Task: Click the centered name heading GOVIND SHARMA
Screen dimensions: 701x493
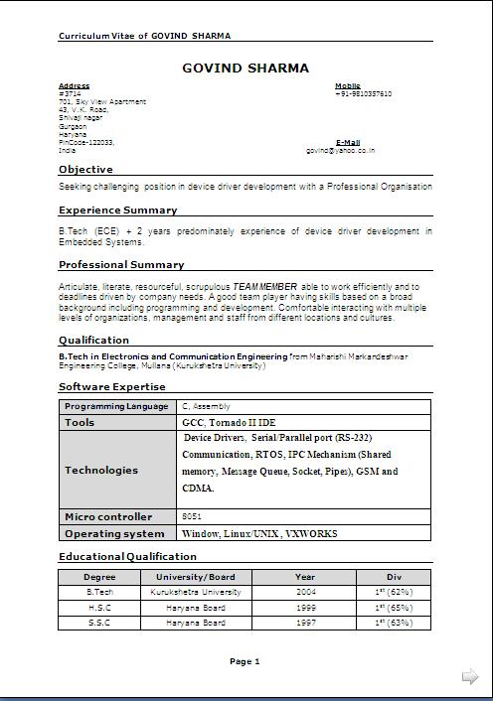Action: [246, 69]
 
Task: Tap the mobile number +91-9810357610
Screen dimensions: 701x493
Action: [364, 93]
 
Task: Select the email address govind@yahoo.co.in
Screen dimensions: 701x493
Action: [340, 151]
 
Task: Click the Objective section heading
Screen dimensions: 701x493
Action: [85, 170]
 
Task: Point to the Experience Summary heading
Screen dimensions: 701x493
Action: [117, 210]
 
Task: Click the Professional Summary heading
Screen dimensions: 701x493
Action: [121, 265]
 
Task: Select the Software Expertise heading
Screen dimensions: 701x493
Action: [112, 387]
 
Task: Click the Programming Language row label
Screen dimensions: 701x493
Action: [116, 406]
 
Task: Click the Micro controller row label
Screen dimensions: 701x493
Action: [108, 516]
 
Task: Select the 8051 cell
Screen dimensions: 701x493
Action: [193, 516]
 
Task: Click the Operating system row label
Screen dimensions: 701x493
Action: [114, 533]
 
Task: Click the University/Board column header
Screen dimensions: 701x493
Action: [195, 576]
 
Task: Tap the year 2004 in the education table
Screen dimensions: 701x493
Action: [305, 592]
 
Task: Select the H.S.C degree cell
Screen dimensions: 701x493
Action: [99, 608]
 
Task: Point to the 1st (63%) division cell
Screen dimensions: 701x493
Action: [394, 623]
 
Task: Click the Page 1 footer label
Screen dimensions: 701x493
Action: [245, 661]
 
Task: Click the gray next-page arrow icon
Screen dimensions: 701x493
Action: [470, 677]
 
